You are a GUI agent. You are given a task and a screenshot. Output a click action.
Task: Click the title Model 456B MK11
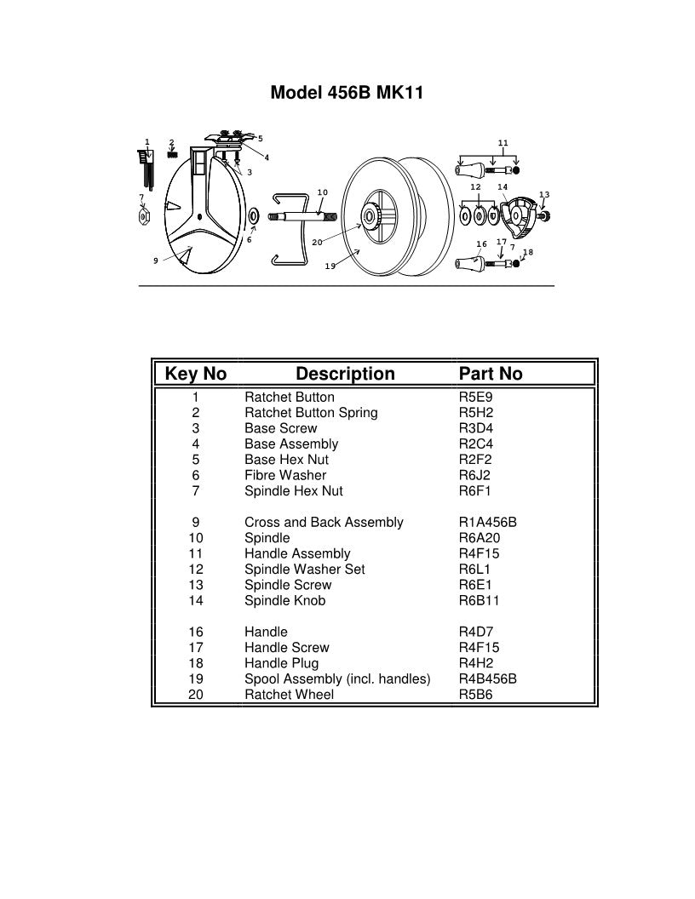point(347,93)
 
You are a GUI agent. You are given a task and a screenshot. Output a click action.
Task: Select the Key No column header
point(195,374)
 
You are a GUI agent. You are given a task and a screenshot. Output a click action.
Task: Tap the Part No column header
point(491,374)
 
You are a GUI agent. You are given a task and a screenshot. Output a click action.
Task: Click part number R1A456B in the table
point(488,523)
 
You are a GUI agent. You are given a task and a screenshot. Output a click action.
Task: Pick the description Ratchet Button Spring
point(311,413)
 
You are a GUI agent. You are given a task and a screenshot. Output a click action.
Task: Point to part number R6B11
point(479,601)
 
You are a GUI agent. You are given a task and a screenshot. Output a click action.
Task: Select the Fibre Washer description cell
point(285,476)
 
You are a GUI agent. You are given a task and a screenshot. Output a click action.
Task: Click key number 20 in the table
point(195,695)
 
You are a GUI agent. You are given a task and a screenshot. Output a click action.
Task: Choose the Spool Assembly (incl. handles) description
point(337,679)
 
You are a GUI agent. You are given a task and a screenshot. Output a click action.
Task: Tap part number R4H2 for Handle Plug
point(475,663)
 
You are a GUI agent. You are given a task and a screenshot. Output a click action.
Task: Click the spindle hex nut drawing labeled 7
point(144,218)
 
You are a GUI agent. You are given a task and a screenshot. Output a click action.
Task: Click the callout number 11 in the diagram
point(503,143)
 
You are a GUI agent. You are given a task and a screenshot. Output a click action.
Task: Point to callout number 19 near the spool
point(330,266)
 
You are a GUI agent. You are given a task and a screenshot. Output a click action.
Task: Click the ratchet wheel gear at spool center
point(373,219)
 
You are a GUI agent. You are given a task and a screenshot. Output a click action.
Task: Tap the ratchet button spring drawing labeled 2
point(172,153)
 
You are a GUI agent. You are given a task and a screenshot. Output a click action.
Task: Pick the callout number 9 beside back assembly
point(155,261)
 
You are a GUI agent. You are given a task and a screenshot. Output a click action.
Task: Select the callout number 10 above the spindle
point(322,192)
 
